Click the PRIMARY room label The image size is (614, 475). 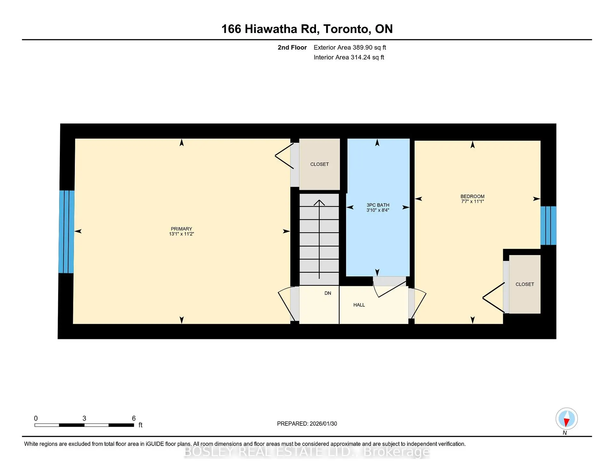tap(181, 229)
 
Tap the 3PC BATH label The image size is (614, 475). tap(378, 205)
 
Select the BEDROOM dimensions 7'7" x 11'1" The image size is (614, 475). tap(472, 202)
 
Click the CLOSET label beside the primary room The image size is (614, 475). tap(319, 164)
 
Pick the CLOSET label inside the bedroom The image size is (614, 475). tap(524, 284)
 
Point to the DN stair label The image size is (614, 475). tap(328, 293)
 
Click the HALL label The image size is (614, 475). tap(359, 305)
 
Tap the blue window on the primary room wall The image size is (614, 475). tap(67, 232)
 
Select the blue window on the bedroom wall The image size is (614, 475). tap(548, 226)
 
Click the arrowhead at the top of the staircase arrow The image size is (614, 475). tap(319, 202)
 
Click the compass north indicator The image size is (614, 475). tap(566, 419)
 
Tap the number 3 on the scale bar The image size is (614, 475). tap(84, 418)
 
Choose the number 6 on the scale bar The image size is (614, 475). tap(134, 418)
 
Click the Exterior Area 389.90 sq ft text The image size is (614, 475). tap(350, 47)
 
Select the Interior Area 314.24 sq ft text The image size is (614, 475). tap(349, 57)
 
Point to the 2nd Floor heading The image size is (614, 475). tap(292, 47)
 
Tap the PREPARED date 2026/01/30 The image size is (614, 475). tap(323, 423)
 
